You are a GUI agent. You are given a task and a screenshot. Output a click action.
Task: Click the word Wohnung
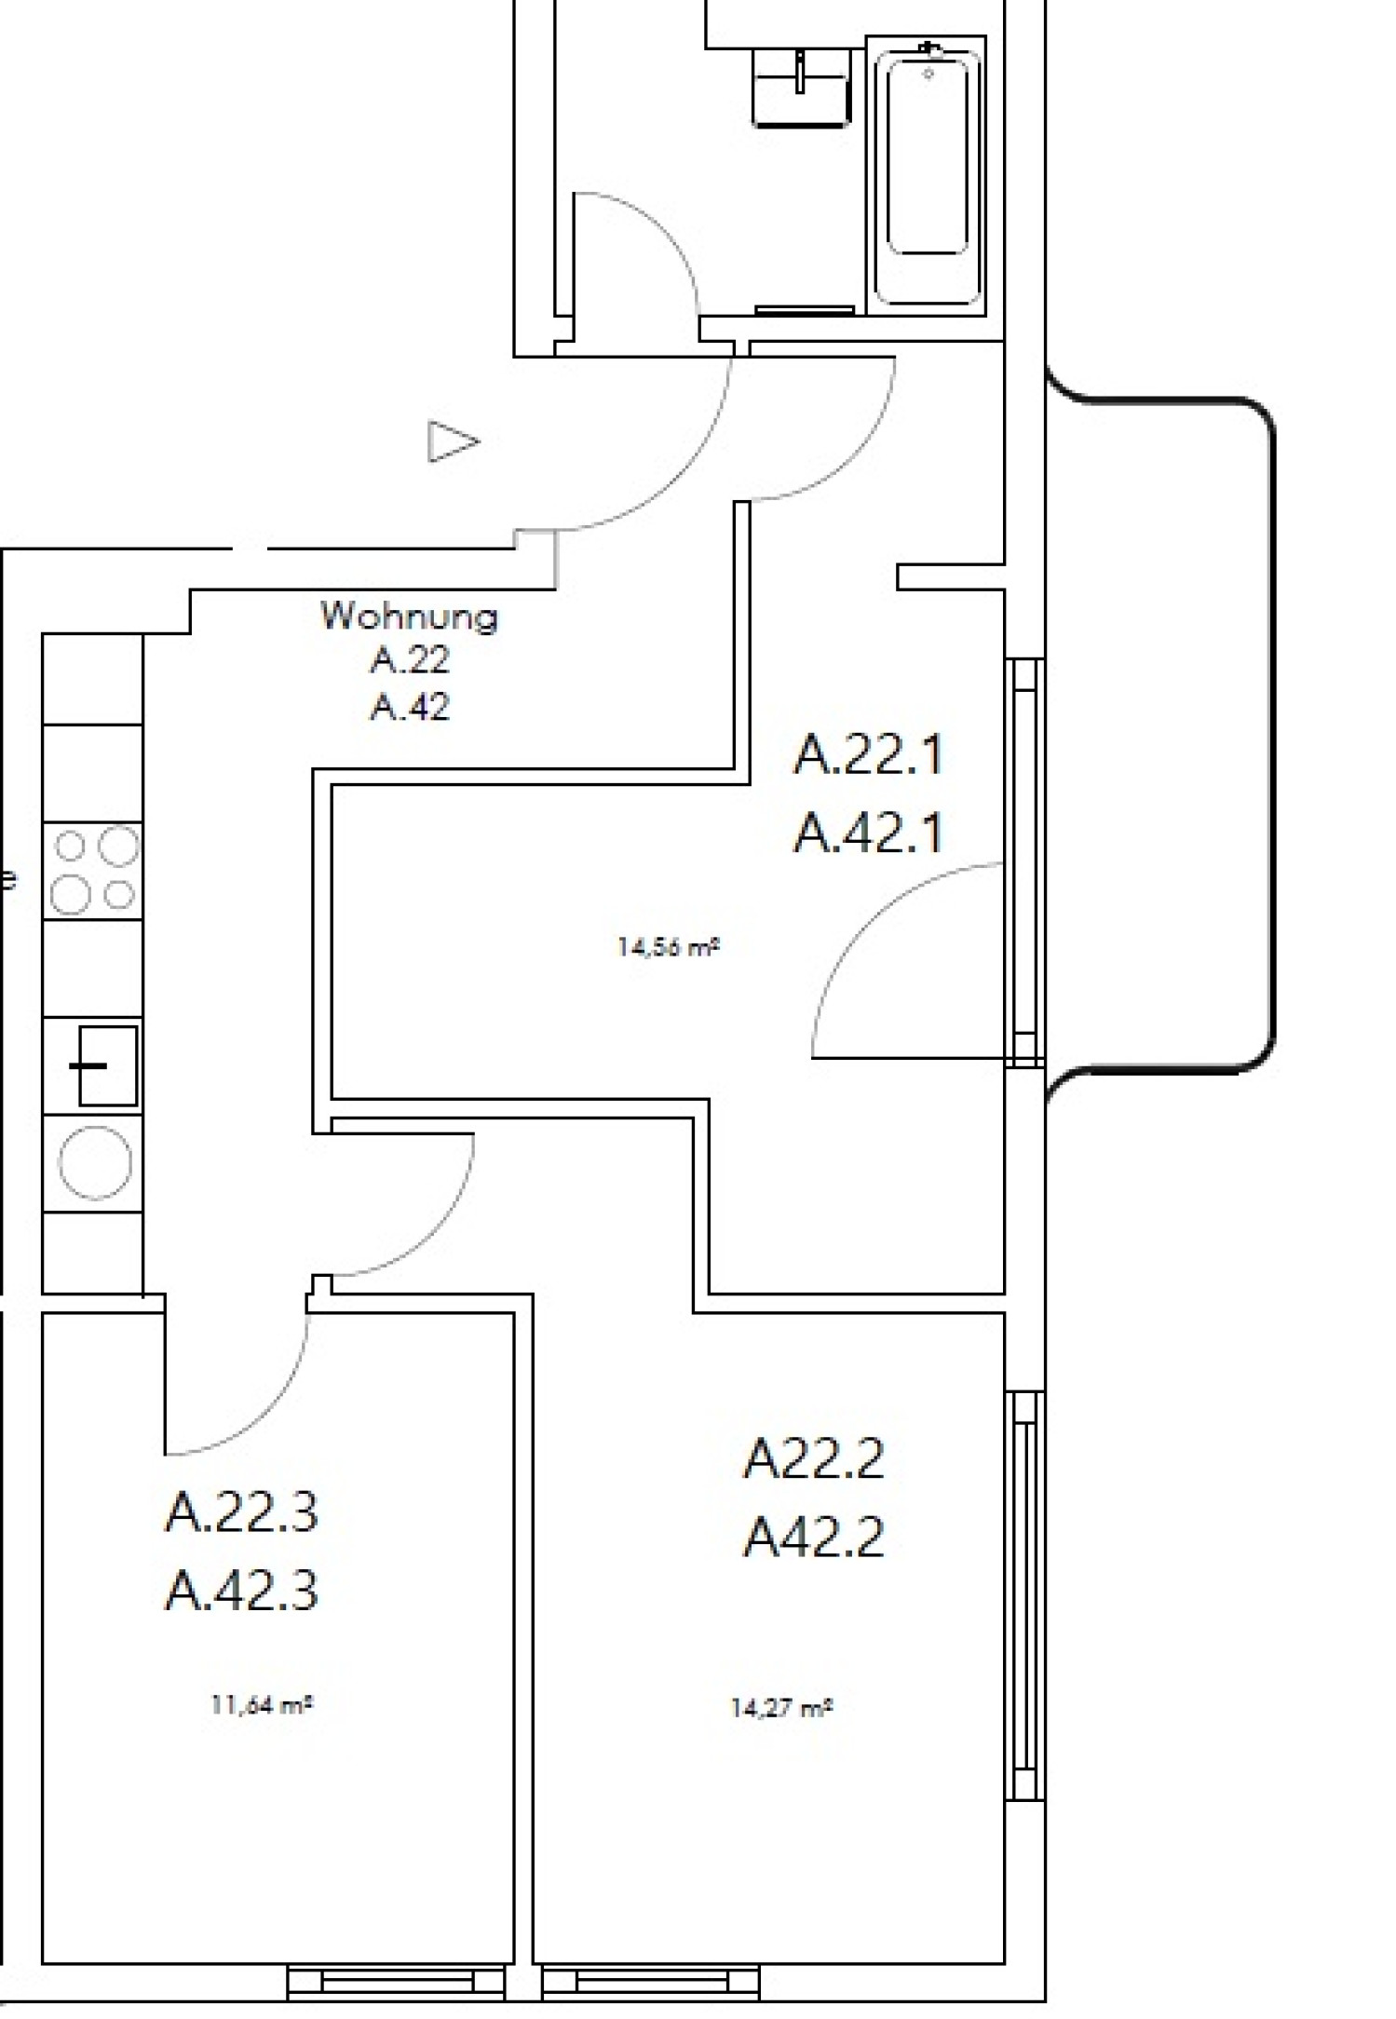[x=409, y=617]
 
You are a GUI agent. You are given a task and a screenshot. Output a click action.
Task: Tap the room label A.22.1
[x=867, y=754]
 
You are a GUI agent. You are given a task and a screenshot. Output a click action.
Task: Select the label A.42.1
[x=867, y=833]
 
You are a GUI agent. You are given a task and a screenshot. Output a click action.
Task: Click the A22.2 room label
[x=812, y=1458]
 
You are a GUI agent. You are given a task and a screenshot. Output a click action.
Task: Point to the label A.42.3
[x=241, y=1591]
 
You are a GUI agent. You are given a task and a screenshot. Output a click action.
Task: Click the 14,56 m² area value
[x=669, y=948]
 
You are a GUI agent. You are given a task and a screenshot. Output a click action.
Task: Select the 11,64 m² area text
[x=261, y=1706]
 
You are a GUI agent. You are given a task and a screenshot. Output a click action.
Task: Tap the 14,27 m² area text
[x=780, y=1708]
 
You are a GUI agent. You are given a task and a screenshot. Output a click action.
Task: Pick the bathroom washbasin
[x=801, y=88]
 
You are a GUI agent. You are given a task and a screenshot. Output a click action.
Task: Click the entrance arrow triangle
[x=452, y=440]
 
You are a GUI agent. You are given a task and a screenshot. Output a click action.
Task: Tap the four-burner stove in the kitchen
[x=93, y=871]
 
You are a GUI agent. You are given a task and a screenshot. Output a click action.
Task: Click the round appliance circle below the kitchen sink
[x=95, y=1162]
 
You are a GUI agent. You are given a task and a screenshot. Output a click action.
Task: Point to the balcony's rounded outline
[x=1271, y=736]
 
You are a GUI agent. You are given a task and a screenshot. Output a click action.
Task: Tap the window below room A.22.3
[x=396, y=1984]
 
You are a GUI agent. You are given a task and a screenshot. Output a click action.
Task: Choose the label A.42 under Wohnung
[x=409, y=707]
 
